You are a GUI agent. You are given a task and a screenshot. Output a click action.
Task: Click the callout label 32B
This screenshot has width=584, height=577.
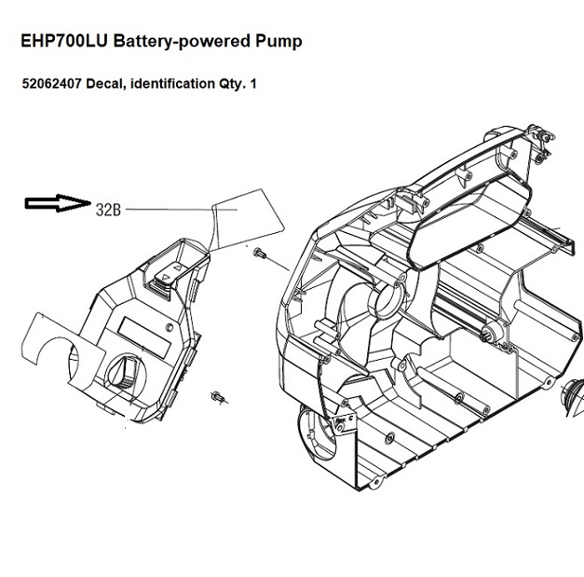[x=109, y=209]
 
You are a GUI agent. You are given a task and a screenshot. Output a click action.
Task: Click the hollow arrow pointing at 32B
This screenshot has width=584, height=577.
[x=55, y=203]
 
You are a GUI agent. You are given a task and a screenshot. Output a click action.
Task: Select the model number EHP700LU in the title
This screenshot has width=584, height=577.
[x=63, y=43]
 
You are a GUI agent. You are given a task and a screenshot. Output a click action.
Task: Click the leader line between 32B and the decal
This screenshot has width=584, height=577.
[x=168, y=211]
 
